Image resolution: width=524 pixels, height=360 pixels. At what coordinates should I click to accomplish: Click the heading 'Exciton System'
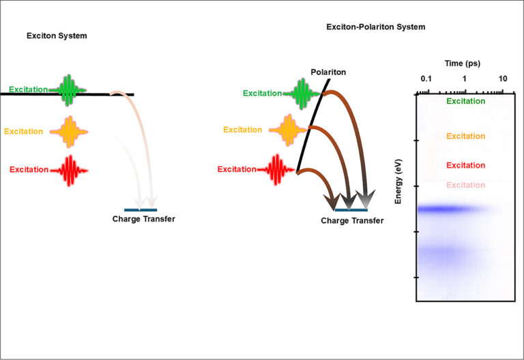(x=56, y=35)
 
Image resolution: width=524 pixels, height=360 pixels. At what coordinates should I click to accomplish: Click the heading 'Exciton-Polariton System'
(x=376, y=27)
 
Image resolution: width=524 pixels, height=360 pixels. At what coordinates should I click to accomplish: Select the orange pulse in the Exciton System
(x=69, y=131)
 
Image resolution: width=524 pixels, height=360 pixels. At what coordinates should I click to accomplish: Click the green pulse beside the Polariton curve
(x=304, y=92)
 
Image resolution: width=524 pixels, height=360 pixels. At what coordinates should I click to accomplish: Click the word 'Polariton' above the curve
(x=329, y=72)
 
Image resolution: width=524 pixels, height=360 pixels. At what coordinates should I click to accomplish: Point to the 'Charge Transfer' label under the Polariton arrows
(x=352, y=221)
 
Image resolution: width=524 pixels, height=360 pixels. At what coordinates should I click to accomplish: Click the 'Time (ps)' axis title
(x=463, y=63)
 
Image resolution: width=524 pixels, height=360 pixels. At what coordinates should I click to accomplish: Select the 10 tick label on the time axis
(x=503, y=79)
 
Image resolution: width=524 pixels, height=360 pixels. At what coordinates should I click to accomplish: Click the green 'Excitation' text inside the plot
(x=465, y=102)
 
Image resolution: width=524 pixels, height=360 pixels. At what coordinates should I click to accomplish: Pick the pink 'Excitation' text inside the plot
(x=465, y=185)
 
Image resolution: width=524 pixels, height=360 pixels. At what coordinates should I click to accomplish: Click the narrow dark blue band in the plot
(x=450, y=209)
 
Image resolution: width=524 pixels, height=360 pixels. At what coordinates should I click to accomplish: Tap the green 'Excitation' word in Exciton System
(x=29, y=89)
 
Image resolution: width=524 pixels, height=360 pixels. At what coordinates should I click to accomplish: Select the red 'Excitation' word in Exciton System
(x=29, y=169)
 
